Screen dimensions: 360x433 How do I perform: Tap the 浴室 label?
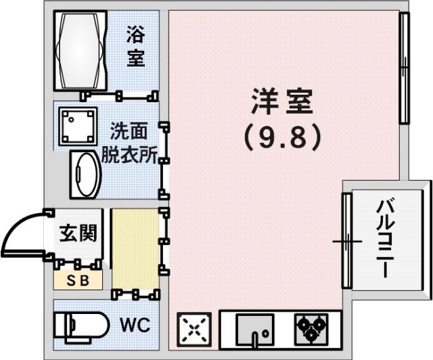(x=136, y=46)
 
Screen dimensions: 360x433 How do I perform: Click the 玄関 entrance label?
(x=77, y=233)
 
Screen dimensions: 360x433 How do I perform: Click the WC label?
(x=135, y=325)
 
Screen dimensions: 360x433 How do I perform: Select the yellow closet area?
(x=135, y=249)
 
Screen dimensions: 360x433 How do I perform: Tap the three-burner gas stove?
(x=310, y=328)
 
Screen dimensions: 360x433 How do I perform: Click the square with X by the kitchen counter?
(x=194, y=330)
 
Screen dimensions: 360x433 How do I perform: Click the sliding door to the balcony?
(x=346, y=240)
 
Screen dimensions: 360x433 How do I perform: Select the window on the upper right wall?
(x=404, y=68)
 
